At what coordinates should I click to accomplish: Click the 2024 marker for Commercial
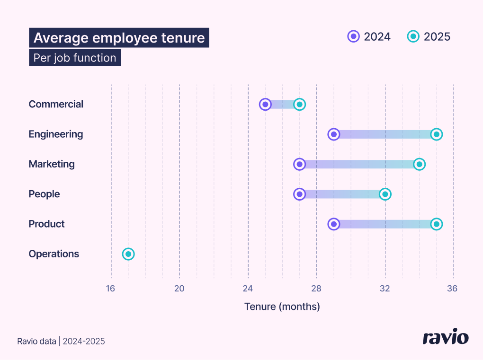[265, 105]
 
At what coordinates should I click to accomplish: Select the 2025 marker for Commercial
[299, 105]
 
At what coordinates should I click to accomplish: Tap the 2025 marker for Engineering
[437, 134]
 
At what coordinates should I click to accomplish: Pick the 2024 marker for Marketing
[299, 164]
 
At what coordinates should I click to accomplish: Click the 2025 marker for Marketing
[419, 164]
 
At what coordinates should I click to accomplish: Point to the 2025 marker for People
[385, 194]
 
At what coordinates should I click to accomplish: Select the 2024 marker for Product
[334, 224]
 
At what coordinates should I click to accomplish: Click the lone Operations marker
[128, 254]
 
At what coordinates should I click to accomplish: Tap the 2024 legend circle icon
[353, 36]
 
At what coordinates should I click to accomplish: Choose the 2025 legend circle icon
[413, 36]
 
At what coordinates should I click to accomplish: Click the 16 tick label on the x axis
[110, 289]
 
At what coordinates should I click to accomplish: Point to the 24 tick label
[248, 289]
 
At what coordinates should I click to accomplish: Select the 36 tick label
[452, 289]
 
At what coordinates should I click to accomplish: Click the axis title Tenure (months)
[282, 307]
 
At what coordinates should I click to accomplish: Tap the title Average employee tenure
[119, 38]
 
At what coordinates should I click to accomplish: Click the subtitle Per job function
[75, 58]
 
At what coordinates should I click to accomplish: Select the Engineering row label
[56, 134]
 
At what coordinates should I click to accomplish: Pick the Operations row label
[54, 254]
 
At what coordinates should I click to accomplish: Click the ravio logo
[445, 337]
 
